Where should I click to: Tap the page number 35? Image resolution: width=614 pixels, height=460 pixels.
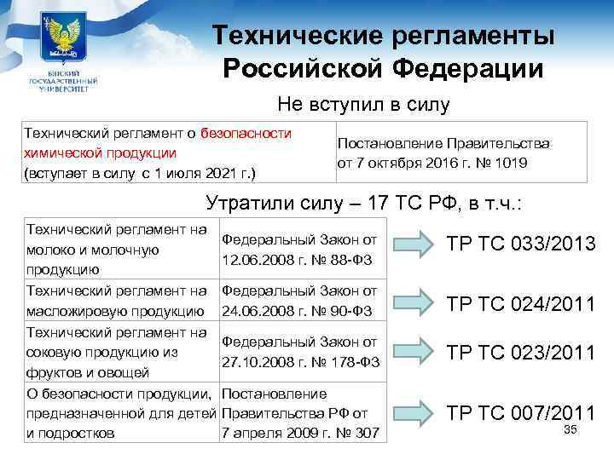coord(571,430)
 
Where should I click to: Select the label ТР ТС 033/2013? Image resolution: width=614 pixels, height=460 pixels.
coord(520,244)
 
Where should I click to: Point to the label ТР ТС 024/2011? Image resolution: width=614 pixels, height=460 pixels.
coord(520,302)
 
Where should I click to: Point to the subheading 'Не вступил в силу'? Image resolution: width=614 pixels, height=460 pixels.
coord(362,105)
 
